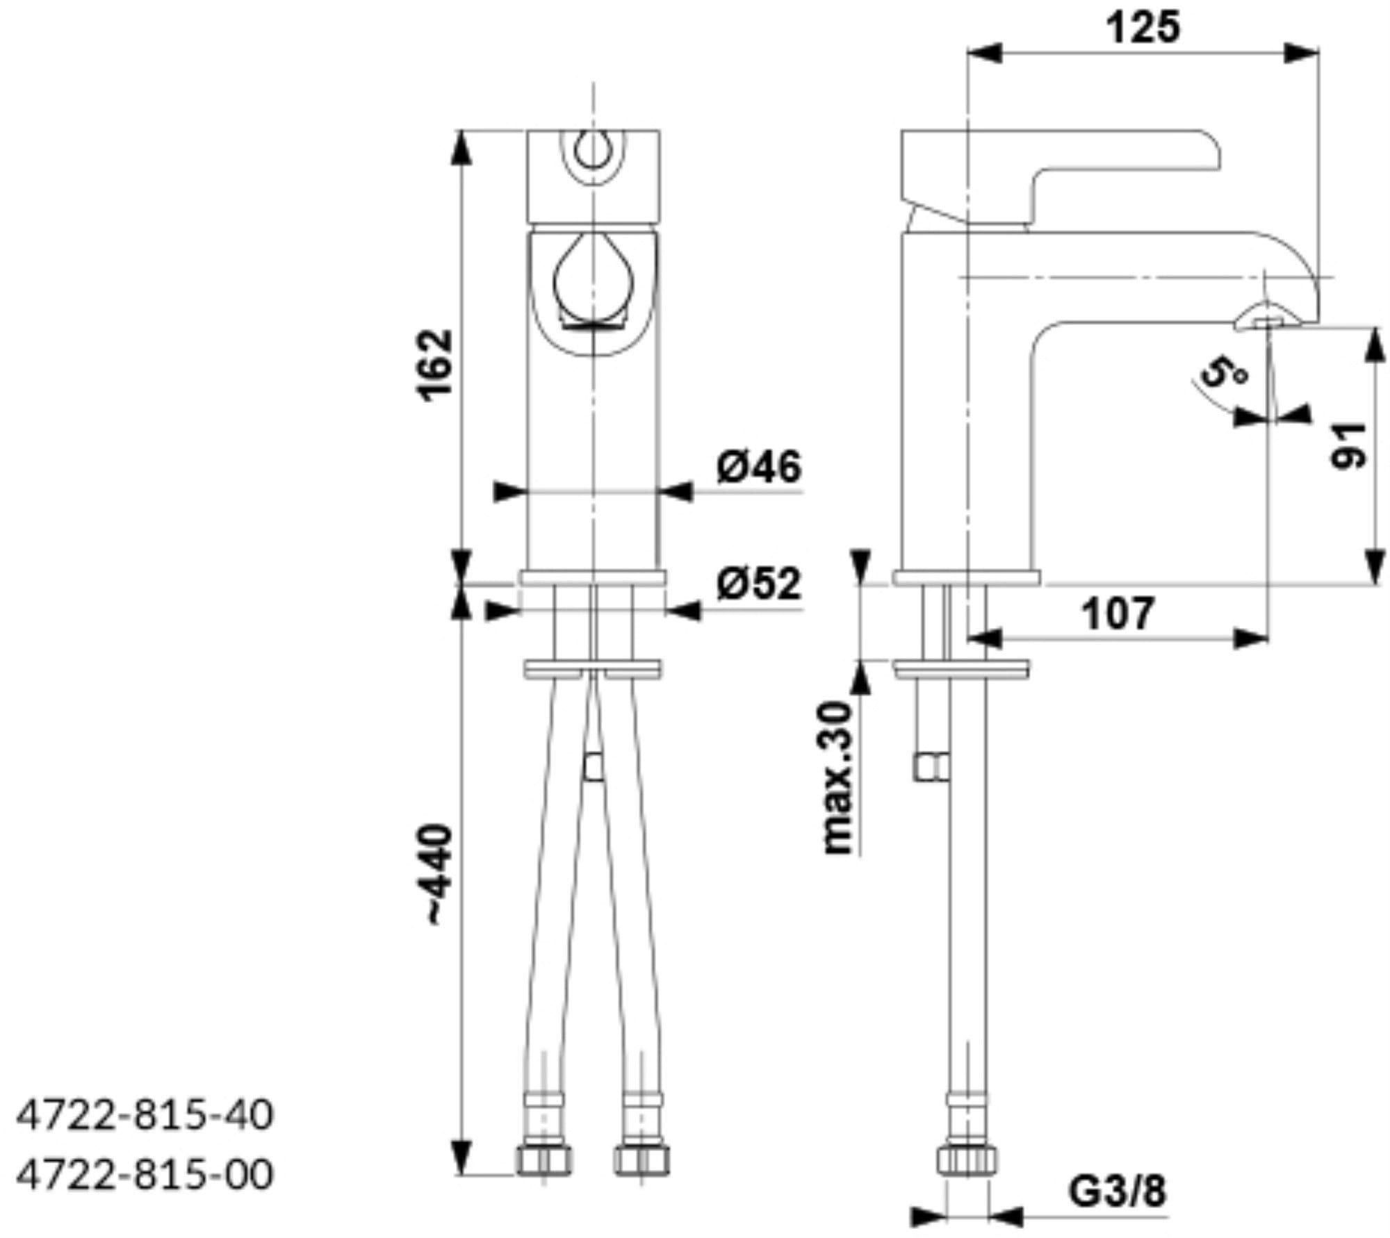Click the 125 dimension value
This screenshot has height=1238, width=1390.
click(x=1143, y=28)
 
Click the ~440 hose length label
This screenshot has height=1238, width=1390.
click(x=438, y=874)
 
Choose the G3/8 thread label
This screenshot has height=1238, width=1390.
click(x=1118, y=1192)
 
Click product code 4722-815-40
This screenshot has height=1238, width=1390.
click(x=145, y=1116)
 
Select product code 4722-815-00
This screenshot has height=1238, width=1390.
click(x=145, y=1175)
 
